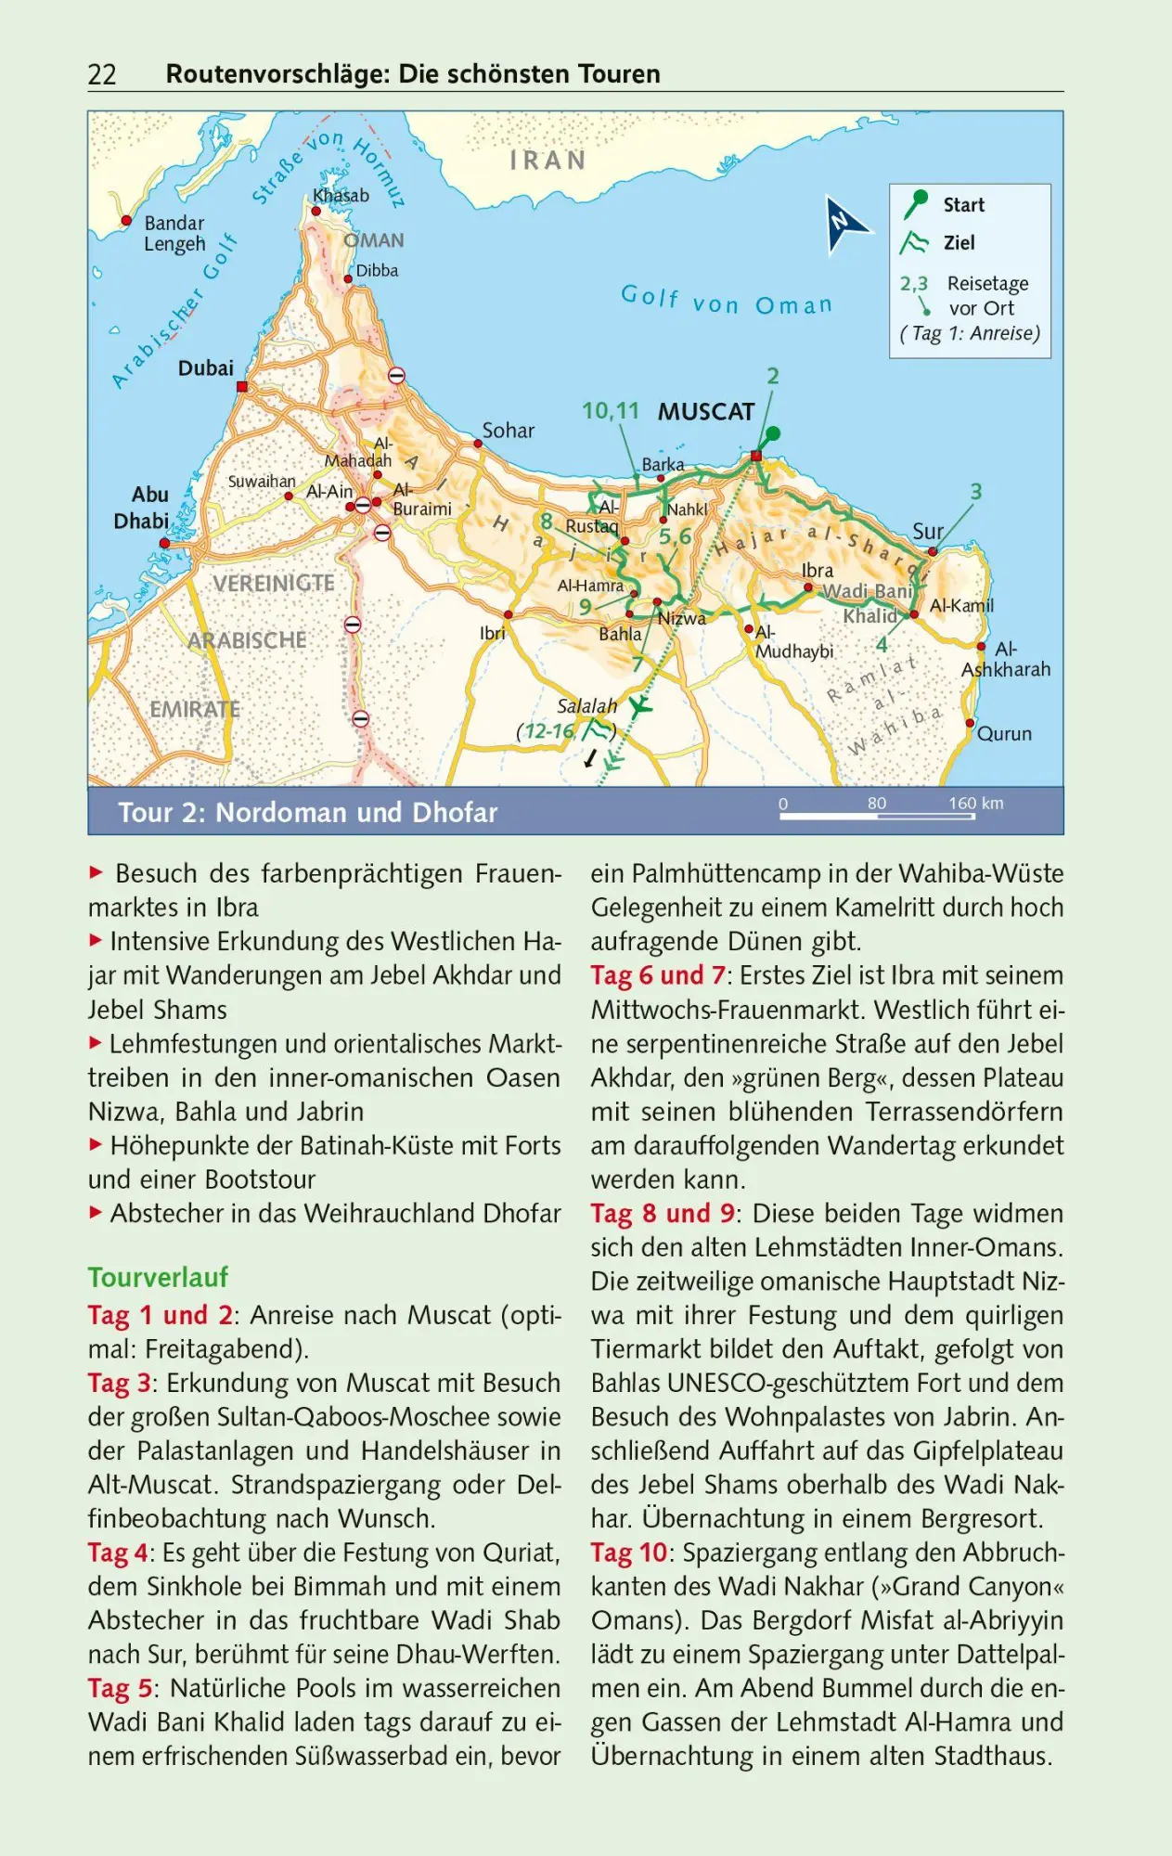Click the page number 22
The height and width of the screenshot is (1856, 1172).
pos(102,74)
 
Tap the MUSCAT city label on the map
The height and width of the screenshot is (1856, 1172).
pos(706,411)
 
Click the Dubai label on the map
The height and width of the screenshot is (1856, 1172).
pos(206,368)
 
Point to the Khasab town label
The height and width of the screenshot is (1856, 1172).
pos(341,196)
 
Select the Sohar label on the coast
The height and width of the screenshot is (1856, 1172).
pos(508,431)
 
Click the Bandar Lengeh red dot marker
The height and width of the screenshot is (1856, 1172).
pos(127,221)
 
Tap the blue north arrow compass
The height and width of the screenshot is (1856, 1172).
pos(845,224)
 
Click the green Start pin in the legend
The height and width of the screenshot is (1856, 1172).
pos(917,203)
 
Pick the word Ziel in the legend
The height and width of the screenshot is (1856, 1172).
pos(959,243)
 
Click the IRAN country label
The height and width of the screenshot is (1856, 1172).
pos(547,161)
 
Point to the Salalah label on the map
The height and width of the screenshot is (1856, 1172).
pos(586,706)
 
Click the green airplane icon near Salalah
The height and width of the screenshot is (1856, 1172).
pos(639,707)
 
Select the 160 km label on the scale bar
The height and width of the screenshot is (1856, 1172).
pos(975,804)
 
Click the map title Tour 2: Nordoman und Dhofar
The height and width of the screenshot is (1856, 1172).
pos(307,813)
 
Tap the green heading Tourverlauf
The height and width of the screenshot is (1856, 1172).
pos(158,1278)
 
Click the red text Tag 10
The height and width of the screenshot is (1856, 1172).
pos(628,1553)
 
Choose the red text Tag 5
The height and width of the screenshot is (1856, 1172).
pos(120,1688)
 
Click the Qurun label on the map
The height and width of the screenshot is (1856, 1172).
pos(1004,734)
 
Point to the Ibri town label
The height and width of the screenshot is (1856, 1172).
pos(493,633)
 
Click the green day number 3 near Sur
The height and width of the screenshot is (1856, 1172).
pos(975,492)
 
